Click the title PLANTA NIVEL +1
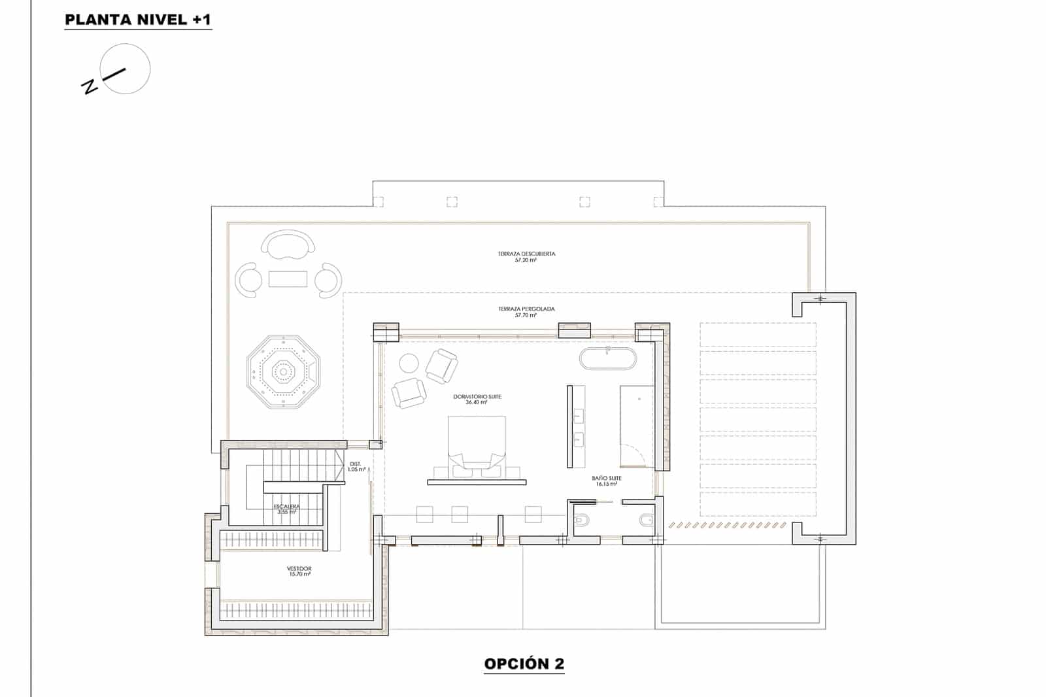[x=138, y=20]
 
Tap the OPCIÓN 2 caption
[x=524, y=664]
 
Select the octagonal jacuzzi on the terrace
[x=284, y=372]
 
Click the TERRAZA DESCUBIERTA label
[x=526, y=254]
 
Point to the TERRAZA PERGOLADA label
[x=526, y=309]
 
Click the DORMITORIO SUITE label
[x=477, y=397]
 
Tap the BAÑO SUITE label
[x=606, y=479]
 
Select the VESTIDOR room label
[x=299, y=569]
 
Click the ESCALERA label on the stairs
[x=287, y=507]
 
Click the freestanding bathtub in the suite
[x=607, y=359]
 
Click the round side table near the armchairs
[x=409, y=363]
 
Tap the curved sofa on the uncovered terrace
[x=288, y=244]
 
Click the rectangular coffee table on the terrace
[x=288, y=279]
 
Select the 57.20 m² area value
[x=526, y=260]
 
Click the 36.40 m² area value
[x=477, y=403]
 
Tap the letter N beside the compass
[x=89, y=86]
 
